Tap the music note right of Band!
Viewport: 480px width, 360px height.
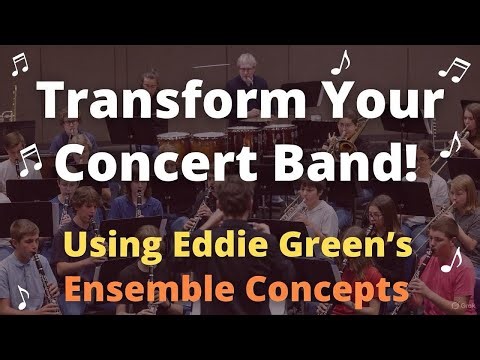click(x=453, y=143)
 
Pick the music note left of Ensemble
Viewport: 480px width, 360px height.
click(x=22, y=296)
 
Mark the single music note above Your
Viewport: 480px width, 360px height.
click(x=340, y=62)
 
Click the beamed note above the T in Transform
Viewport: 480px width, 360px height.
click(x=18, y=65)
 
